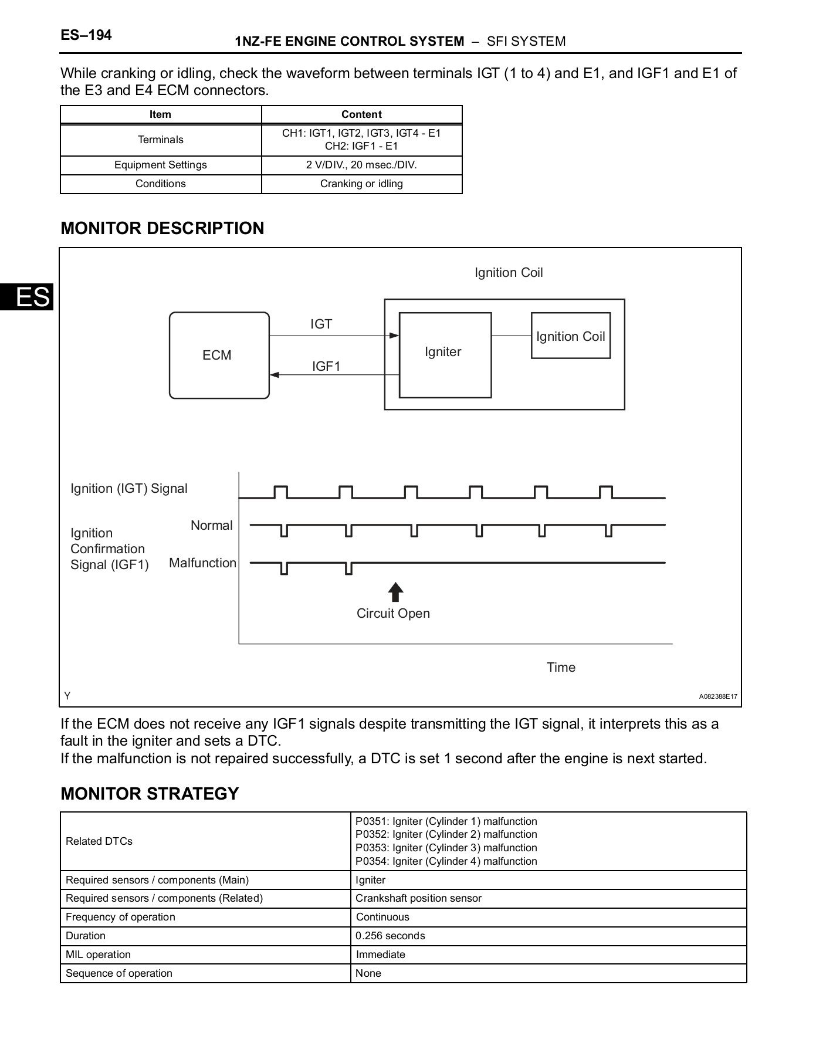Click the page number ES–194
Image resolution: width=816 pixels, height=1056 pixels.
86,35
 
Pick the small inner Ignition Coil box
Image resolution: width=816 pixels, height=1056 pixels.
570,336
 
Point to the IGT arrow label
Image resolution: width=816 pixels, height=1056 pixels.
321,324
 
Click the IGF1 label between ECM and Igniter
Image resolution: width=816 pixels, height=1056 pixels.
326,366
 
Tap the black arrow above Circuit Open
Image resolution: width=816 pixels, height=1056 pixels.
395,592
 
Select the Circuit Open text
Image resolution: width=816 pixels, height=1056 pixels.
393,613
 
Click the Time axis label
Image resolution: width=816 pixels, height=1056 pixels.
561,667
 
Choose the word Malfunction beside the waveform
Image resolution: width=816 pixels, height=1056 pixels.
202,563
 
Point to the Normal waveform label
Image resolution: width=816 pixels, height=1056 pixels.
211,525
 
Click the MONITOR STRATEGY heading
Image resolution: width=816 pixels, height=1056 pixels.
150,793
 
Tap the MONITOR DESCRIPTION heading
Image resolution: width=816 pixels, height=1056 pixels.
162,228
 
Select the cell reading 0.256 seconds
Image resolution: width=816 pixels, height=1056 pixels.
390,936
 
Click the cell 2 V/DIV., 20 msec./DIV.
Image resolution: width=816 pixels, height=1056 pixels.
361,165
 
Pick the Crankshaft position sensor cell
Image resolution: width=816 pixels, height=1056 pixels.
418,898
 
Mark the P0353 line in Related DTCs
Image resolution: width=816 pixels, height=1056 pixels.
446,848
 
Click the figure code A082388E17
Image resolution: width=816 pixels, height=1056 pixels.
717,696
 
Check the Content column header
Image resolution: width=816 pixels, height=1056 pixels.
361,114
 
